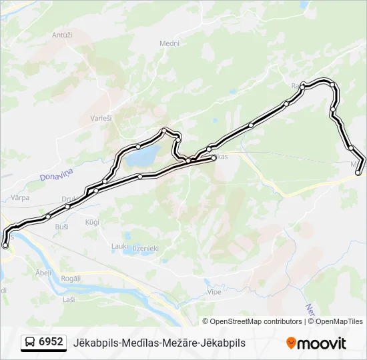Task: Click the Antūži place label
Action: tap(61, 35)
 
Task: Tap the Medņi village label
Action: tap(169, 43)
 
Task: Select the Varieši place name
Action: tap(101, 119)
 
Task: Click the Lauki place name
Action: tap(119, 246)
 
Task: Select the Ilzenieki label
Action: tap(145, 248)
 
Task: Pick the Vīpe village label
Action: tap(215, 292)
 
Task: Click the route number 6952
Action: tap(51, 342)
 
